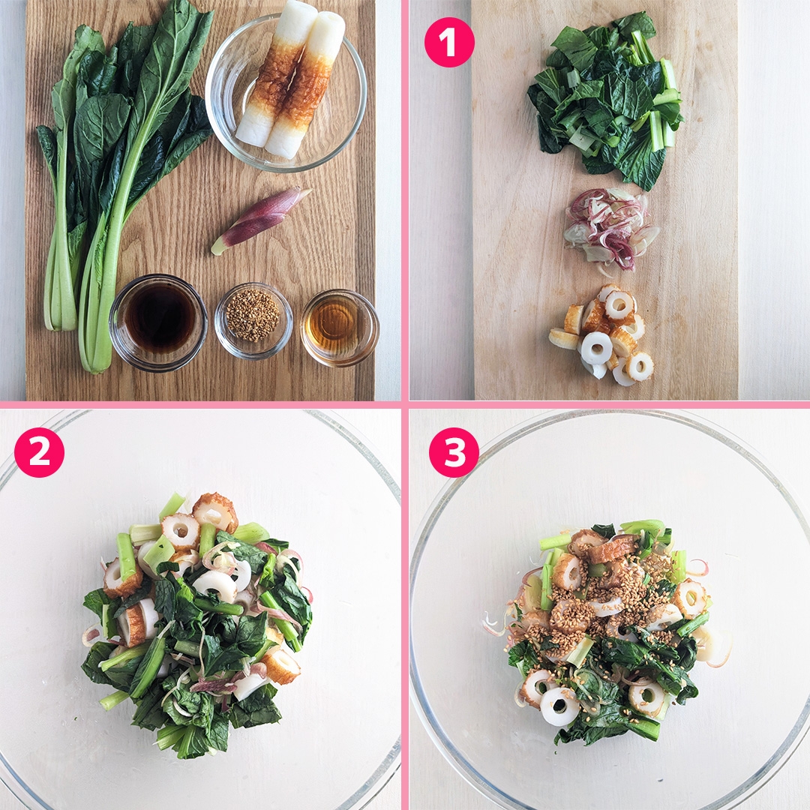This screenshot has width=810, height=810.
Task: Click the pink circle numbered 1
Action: click(x=449, y=42)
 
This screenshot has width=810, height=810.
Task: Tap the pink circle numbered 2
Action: click(x=39, y=452)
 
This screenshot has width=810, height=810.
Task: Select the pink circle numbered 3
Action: click(x=454, y=452)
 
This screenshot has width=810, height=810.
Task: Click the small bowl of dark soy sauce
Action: click(x=158, y=322)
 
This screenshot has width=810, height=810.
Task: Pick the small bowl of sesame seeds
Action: click(x=253, y=320)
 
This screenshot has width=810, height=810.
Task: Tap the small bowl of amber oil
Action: click(x=340, y=328)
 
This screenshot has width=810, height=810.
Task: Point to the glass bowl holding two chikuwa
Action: click(x=286, y=93)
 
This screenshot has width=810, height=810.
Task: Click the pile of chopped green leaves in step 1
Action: click(x=607, y=98)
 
